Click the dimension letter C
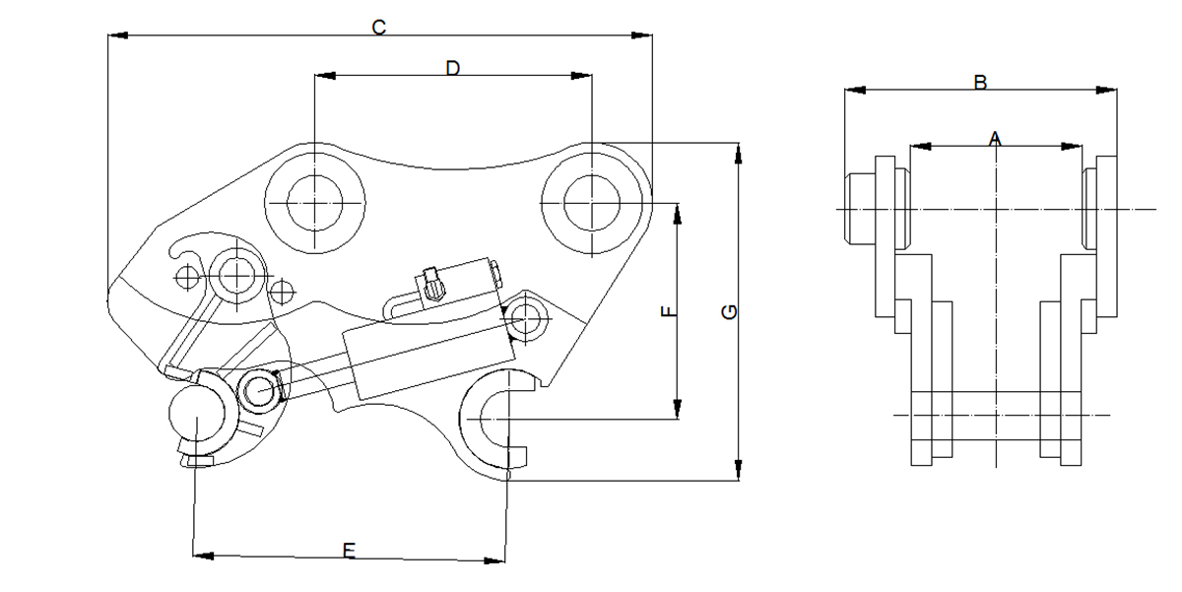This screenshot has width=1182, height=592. point(378,28)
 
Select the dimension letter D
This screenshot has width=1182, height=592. point(452,67)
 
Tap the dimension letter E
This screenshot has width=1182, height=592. point(348,550)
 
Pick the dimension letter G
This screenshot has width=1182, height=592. point(729,312)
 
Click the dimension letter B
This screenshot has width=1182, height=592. point(980,83)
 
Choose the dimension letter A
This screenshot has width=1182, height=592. point(995,139)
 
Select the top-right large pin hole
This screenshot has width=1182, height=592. point(591,201)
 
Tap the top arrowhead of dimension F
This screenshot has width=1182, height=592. point(677,212)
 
